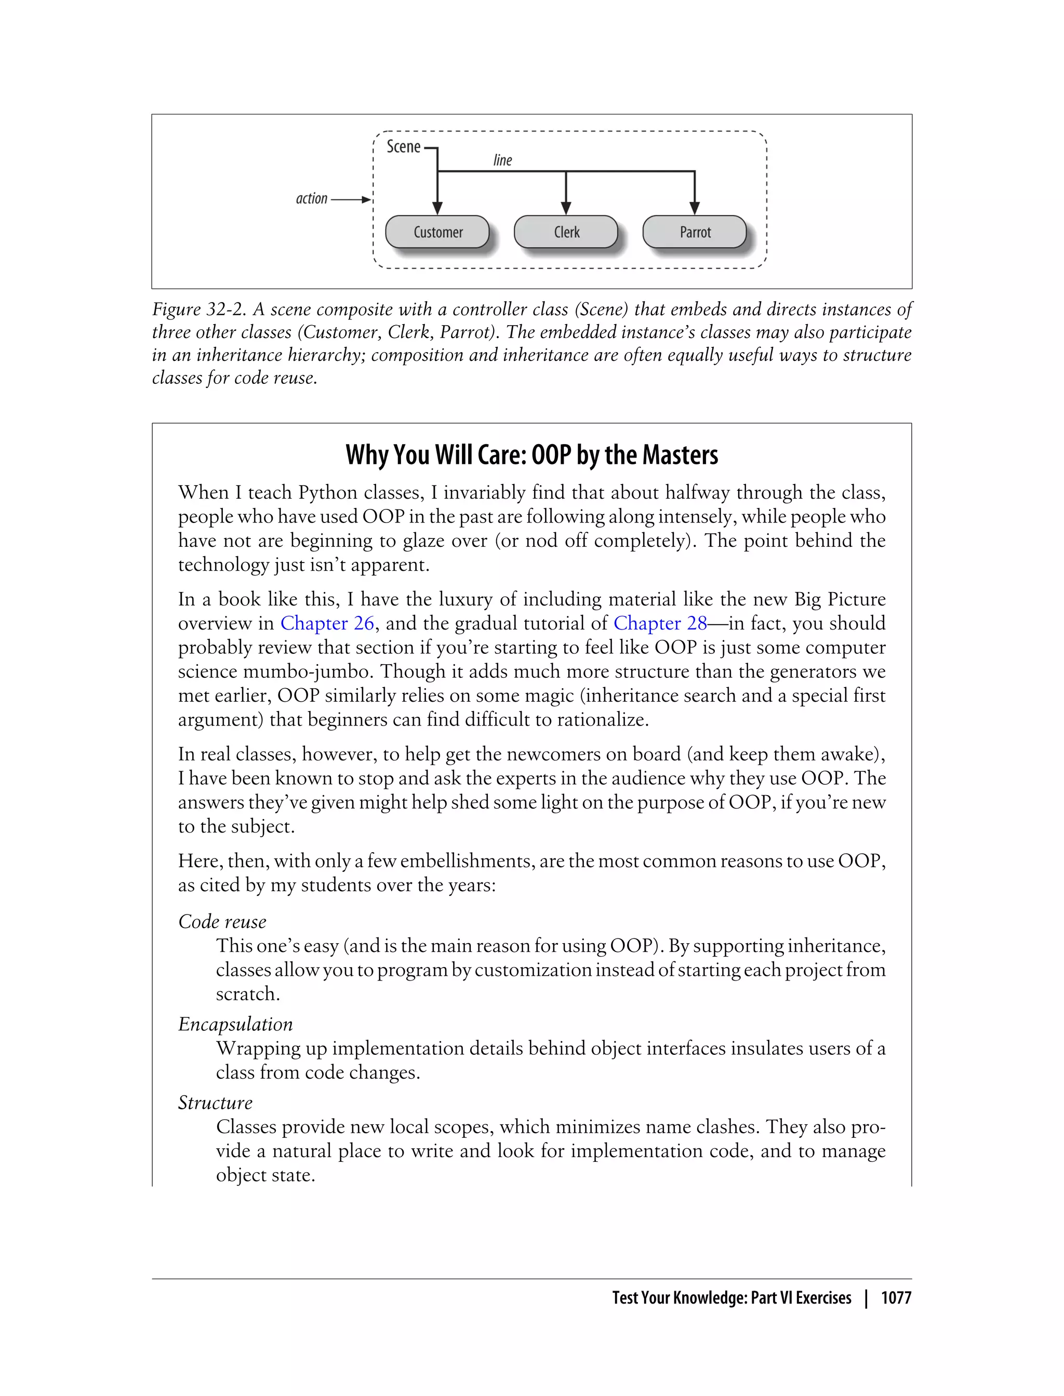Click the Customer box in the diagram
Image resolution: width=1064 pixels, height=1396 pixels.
(437, 232)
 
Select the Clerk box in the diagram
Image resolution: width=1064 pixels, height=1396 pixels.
(566, 232)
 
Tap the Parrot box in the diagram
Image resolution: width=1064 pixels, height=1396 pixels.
(695, 232)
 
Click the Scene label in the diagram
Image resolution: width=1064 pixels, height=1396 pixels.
(404, 147)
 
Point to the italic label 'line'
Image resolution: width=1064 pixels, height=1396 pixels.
(502, 160)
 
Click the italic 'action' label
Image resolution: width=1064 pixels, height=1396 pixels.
(312, 199)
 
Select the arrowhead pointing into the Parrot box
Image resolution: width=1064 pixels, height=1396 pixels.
(695, 208)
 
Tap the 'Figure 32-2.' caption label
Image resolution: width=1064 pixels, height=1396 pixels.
(199, 310)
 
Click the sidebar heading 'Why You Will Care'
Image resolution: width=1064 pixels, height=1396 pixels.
(531, 455)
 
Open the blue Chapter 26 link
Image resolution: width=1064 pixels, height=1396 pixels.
(327, 624)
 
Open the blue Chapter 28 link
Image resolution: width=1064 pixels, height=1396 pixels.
(660, 624)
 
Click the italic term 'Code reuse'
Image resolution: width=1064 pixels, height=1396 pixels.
(222, 922)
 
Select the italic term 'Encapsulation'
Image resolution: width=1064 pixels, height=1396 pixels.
(235, 1024)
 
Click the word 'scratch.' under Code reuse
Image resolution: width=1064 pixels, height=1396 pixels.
(248, 994)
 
